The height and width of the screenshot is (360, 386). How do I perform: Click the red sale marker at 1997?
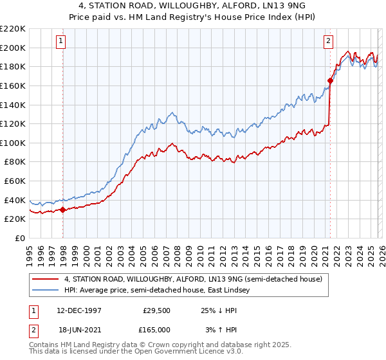(62, 210)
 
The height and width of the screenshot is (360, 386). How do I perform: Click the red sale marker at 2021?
(330, 80)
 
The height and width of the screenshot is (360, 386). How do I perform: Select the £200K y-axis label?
(14, 48)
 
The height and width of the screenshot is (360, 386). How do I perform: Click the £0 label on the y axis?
(19, 238)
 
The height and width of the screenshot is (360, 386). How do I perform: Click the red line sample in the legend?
(46, 279)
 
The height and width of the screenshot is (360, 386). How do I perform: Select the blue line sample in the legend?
(46, 291)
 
